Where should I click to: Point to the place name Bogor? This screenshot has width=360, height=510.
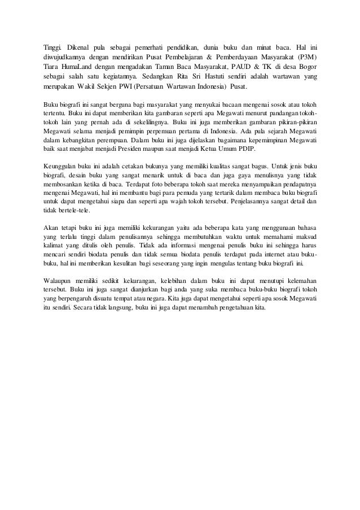[305, 68]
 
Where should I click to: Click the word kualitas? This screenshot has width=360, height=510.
[225, 167]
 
